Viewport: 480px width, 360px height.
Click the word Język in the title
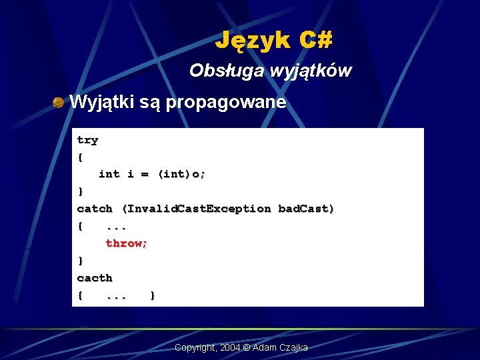coord(253,41)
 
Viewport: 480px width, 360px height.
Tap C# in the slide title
coord(315,41)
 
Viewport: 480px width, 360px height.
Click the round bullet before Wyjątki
coord(59,103)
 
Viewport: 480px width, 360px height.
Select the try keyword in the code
coord(87,141)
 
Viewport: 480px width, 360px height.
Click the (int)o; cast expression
coord(181,175)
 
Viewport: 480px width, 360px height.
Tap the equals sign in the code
coord(144,175)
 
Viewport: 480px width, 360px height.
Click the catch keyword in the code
coord(95,209)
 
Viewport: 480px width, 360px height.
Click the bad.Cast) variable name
coord(306,209)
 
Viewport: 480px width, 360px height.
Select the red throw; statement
coord(127,244)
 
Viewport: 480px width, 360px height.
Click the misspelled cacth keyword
coord(95,278)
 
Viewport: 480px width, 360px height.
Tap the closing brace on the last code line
coord(153,295)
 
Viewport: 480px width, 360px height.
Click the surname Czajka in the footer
coord(294,348)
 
